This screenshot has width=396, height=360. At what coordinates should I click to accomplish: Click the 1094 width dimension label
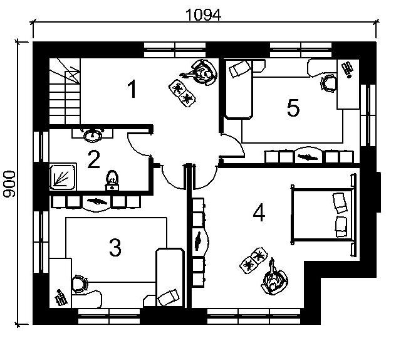pos(203,15)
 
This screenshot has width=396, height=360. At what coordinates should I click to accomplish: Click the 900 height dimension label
pos(9,184)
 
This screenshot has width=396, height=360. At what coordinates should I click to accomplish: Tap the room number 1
pos(132,88)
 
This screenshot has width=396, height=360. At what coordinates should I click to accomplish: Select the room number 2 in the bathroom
pos(94,159)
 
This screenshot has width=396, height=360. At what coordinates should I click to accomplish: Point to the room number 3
pos(115,248)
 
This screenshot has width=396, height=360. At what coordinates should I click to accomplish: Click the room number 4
pos(259,213)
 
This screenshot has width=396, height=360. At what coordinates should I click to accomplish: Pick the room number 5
pos(293,108)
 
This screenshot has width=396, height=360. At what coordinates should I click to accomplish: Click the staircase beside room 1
pos(65,91)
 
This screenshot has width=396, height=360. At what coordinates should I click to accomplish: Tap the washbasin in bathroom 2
pos(93,135)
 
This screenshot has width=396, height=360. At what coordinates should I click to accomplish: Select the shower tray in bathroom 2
pos(63,177)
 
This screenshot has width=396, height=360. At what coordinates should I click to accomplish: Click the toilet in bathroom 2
pos(112,181)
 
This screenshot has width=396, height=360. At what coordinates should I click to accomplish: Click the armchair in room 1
pos(205,72)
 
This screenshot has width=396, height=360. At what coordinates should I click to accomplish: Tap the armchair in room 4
pos(274,282)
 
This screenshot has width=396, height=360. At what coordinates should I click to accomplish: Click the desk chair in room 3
pos(80,284)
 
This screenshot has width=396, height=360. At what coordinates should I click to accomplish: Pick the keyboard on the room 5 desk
pos(347,69)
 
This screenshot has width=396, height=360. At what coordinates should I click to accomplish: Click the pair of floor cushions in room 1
pos(182,93)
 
